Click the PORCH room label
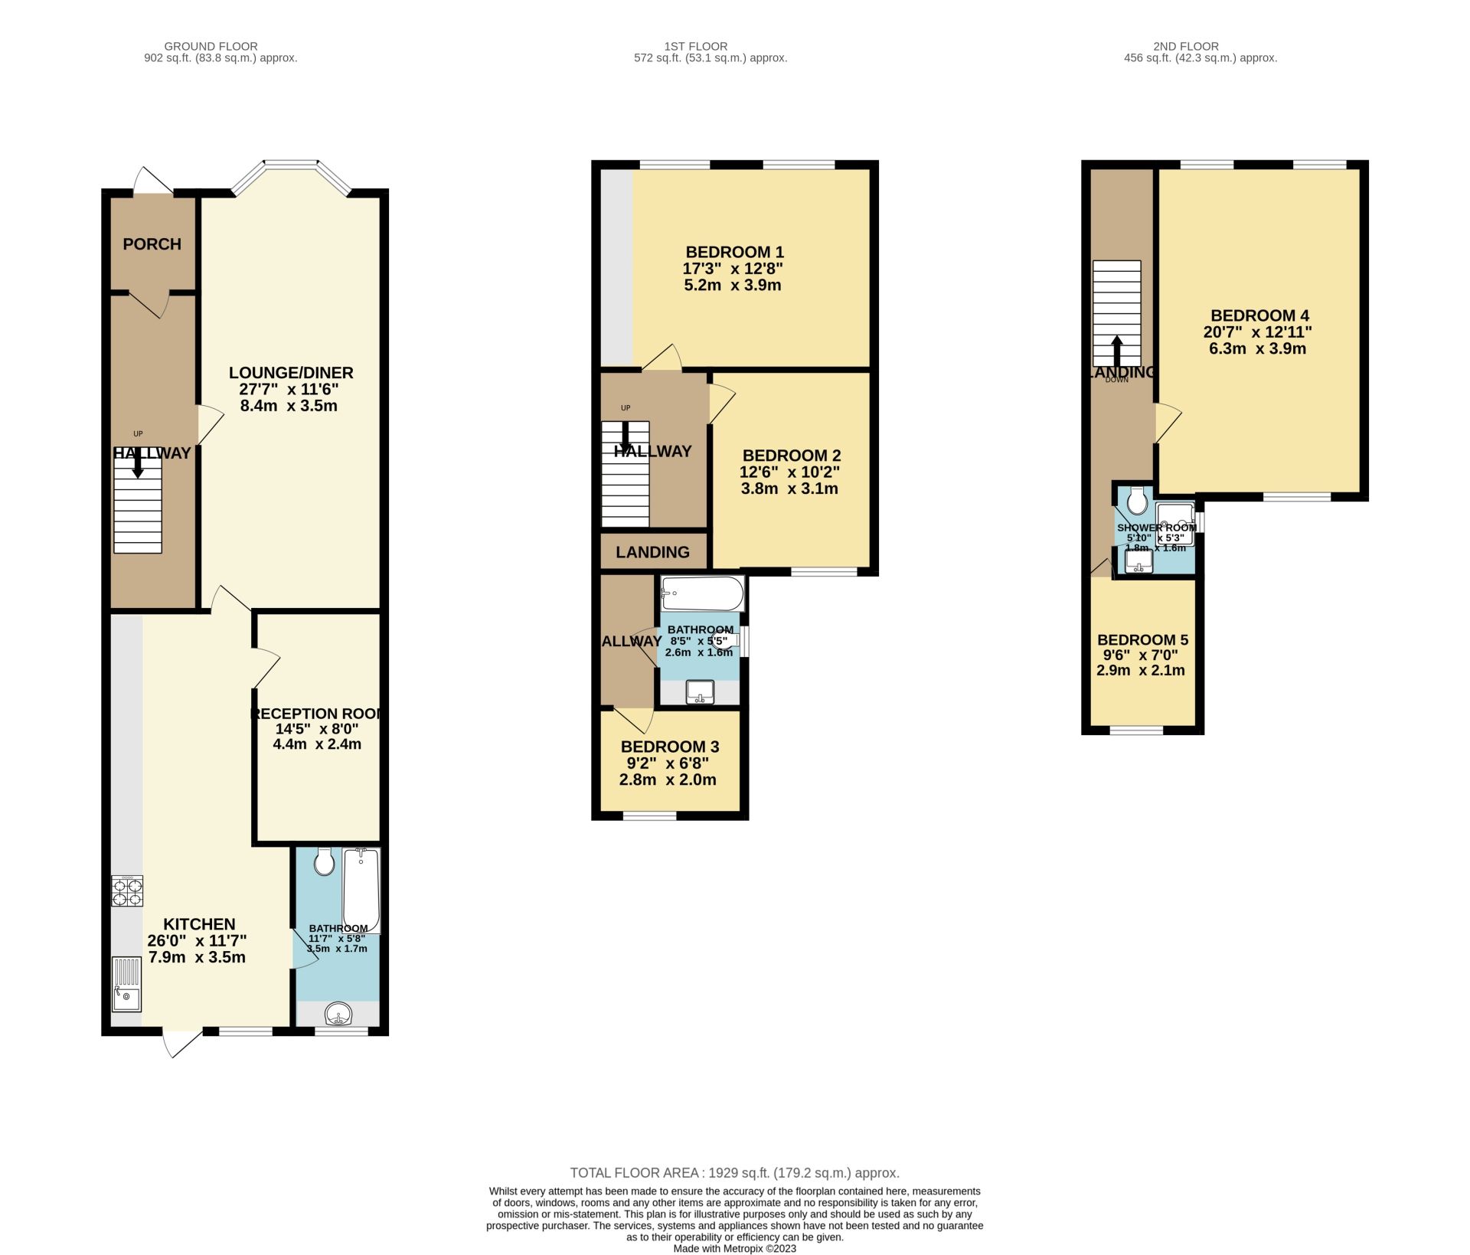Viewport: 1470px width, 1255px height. point(152,244)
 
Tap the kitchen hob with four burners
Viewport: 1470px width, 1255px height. point(127,891)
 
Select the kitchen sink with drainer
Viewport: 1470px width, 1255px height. point(126,985)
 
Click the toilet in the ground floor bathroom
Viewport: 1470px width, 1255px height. point(325,863)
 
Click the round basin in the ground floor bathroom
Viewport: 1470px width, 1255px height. point(338,1015)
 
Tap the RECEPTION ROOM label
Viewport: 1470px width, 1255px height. point(317,714)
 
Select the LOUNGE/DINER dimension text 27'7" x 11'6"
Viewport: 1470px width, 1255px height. point(289,389)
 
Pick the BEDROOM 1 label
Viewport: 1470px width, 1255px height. point(734,252)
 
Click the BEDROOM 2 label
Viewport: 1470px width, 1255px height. point(791,456)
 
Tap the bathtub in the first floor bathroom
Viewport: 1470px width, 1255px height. point(702,593)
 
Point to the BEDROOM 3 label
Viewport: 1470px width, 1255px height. point(669,747)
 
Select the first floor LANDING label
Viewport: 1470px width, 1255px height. point(652,552)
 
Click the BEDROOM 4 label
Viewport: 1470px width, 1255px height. point(1259,315)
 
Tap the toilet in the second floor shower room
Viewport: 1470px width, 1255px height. point(1137,501)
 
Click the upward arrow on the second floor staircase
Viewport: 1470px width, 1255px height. point(1116,350)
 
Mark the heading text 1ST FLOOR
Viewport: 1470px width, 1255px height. point(696,47)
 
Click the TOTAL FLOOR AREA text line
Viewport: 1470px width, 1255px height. point(734,1172)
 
